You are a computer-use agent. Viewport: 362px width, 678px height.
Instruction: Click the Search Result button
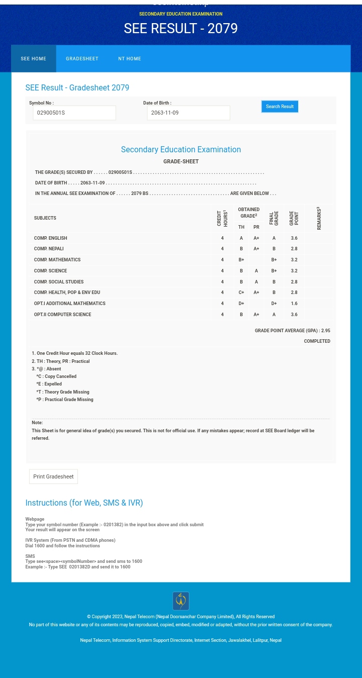[x=280, y=107]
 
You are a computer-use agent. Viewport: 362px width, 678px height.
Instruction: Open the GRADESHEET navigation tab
[x=82, y=59]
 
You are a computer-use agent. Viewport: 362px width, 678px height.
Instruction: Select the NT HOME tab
[x=129, y=59]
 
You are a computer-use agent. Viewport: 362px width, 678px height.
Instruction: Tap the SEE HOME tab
[x=33, y=59]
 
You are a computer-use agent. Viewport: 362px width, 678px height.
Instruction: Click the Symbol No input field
[x=74, y=113]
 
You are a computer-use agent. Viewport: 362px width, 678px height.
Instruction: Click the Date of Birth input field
[x=188, y=113]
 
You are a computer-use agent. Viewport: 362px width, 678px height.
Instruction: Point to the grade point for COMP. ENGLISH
[x=294, y=238]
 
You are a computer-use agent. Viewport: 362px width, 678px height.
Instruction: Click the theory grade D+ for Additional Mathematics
[x=241, y=304]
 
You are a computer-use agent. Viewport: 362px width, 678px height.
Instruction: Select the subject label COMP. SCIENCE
[x=50, y=271]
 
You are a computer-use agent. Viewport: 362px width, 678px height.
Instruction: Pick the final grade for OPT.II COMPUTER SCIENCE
[x=274, y=315]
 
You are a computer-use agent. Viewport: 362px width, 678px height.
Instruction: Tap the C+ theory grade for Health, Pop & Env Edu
[x=241, y=293]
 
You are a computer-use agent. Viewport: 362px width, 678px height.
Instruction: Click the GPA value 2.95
[x=325, y=331]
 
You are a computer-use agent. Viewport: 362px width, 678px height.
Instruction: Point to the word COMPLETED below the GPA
[x=317, y=341]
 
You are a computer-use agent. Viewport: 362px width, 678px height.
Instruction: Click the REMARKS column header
[x=319, y=218]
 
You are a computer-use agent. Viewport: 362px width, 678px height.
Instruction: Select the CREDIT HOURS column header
[x=222, y=218]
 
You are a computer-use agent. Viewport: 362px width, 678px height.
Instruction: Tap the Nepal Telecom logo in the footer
[x=180, y=601]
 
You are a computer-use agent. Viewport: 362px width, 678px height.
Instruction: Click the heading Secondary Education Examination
[x=180, y=149]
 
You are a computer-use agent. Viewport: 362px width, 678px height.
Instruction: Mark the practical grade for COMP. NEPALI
[x=256, y=249]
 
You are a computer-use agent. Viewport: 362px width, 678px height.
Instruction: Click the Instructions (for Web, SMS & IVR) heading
[x=84, y=503]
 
